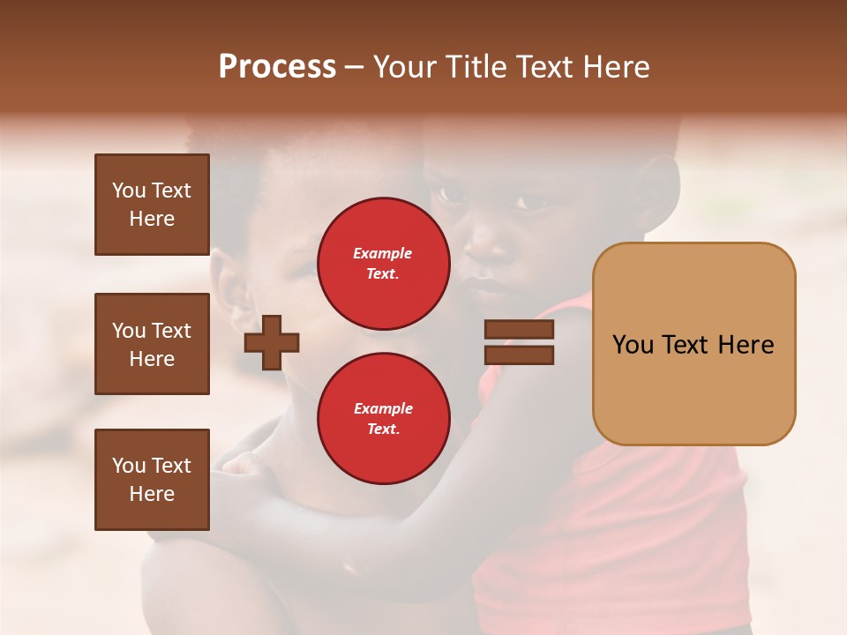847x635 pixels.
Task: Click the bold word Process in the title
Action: (x=277, y=67)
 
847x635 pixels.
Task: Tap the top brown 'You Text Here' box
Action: (x=152, y=205)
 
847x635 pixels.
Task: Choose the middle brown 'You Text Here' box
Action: (x=152, y=344)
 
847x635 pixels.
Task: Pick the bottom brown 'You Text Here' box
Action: (x=152, y=480)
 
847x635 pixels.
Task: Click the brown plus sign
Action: (x=272, y=341)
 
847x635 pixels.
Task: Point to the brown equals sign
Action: (x=519, y=342)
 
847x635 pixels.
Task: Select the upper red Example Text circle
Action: (x=383, y=264)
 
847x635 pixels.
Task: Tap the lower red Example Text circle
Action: (x=383, y=418)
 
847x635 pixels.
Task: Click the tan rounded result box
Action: (x=693, y=344)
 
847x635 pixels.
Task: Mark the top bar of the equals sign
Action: (x=519, y=330)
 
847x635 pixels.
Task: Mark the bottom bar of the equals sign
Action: (x=519, y=355)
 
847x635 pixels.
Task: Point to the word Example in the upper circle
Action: (x=383, y=254)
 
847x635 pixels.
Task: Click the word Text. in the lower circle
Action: (x=383, y=430)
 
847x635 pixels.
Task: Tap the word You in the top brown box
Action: (x=128, y=190)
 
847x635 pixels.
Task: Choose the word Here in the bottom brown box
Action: (x=152, y=494)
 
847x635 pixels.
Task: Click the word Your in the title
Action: (x=405, y=67)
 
